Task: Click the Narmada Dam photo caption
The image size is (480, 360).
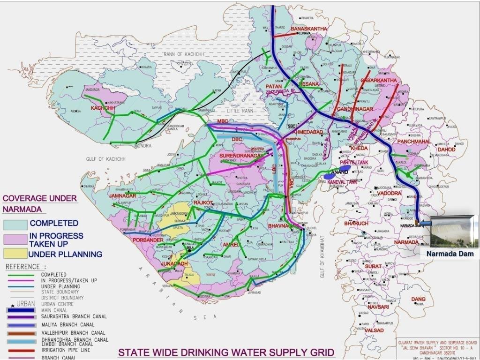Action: (450, 254)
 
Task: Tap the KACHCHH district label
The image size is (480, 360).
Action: (103, 108)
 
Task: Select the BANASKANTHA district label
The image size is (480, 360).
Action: (309, 29)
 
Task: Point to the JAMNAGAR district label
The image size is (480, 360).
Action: (122, 195)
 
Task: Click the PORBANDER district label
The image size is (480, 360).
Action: (148, 240)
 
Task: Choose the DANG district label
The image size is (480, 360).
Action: (418, 299)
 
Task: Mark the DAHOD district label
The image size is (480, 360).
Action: (446, 150)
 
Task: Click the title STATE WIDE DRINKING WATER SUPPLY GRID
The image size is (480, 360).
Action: (226, 352)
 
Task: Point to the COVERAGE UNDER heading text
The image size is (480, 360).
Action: (40, 198)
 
